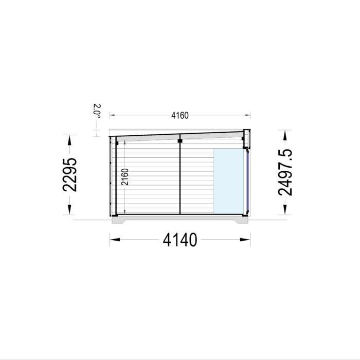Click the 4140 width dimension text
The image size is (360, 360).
point(179,239)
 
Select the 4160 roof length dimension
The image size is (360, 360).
point(179,115)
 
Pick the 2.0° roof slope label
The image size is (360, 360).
point(97,112)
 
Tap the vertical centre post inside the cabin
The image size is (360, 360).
point(180,177)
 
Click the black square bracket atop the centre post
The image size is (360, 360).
point(180,139)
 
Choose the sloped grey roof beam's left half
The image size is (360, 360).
point(147,137)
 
